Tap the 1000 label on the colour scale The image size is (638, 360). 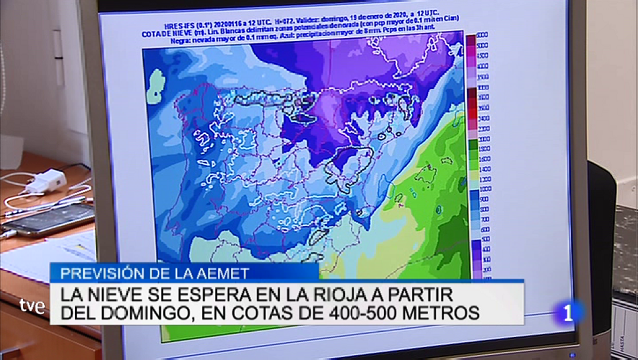[485, 189]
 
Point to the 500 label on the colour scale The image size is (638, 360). [485, 239]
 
